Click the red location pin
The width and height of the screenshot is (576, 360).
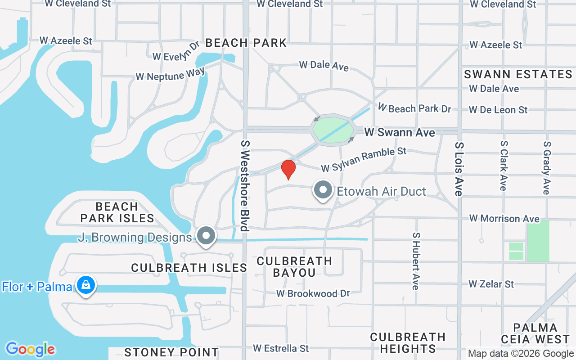coord(288,169)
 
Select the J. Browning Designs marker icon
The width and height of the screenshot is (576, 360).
coord(207,235)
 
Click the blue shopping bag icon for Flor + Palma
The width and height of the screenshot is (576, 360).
coord(85,285)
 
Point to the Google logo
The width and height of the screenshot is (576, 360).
coord(31,349)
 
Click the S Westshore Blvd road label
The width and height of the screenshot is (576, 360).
coord(245,185)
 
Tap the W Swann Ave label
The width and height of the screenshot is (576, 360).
coord(400,132)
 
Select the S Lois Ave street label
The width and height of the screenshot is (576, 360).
coord(459,169)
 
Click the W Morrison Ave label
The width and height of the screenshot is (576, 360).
coord(504,219)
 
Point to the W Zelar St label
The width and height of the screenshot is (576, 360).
coord(491,284)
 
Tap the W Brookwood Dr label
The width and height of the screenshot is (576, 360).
coord(313,293)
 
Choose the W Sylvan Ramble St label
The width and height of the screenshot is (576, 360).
coord(364,160)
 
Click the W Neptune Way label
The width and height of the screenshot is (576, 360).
coord(170,75)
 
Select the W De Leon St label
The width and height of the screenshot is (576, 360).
coord(498,110)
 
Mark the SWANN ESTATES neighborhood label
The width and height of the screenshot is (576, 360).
coord(518,74)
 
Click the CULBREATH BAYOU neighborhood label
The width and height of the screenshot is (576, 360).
coord(294,266)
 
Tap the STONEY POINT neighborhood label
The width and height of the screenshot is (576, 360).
coord(171,352)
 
